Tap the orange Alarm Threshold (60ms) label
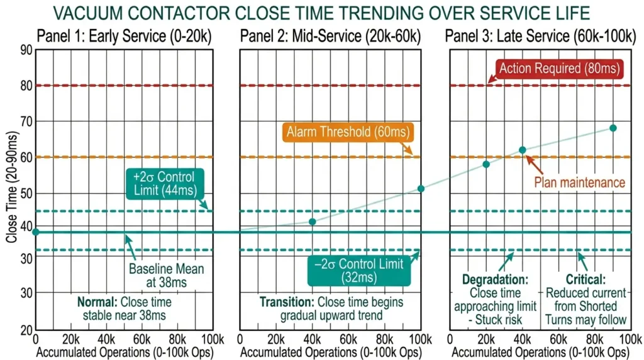point(347,132)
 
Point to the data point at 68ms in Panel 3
point(613,128)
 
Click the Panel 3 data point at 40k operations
point(522,150)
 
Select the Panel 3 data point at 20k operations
point(486,164)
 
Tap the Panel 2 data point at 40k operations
point(313,222)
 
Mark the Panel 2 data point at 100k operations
point(421,189)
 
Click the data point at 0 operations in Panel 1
point(35,232)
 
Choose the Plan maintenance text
point(580,183)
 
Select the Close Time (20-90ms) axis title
point(11,189)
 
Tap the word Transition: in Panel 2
point(287,301)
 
